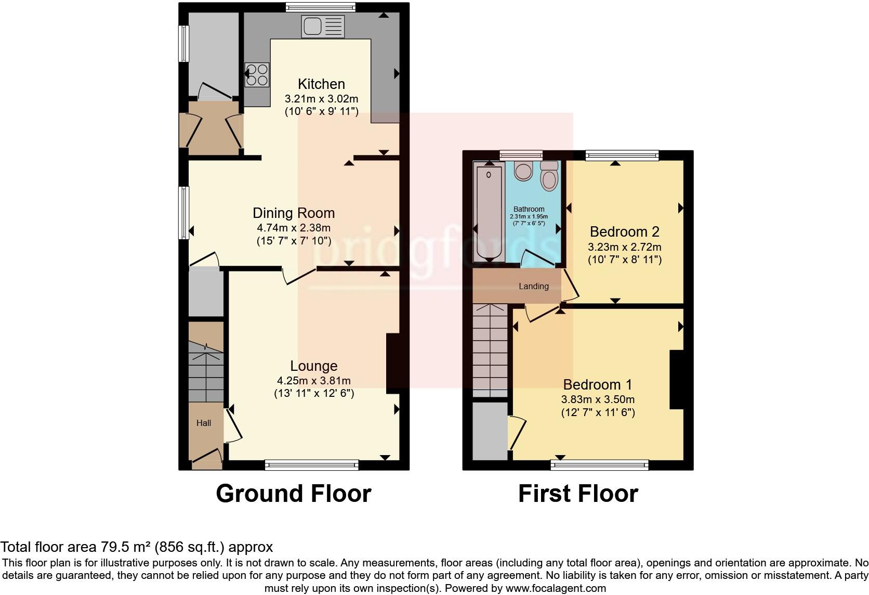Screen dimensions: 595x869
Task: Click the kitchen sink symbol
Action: tap(322, 27)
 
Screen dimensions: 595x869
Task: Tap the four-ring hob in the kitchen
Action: tap(257, 74)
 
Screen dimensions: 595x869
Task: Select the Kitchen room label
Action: tap(321, 84)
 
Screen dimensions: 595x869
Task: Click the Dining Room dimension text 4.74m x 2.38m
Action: tap(294, 227)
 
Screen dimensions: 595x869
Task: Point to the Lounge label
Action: tap(314, 366)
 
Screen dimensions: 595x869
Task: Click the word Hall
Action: tap(204, 423)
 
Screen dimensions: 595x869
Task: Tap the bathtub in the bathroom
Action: tap(489, 213)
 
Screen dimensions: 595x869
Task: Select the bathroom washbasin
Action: tap(523, 170)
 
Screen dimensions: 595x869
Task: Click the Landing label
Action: tap(534, 286)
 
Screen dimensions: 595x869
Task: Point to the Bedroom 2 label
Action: tap(624, 231)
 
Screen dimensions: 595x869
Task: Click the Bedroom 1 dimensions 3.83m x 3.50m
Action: tap(598, 399)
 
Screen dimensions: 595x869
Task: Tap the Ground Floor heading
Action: tap(294, 493)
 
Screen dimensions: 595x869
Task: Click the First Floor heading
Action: tap(578, 493)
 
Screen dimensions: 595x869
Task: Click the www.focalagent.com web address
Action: tap(556, 588)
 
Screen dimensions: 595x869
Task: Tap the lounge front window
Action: tap(312, 464)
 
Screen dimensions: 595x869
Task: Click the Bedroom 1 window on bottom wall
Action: tap(600, 464)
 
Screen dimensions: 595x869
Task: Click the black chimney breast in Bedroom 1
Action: tap(676, 380)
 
